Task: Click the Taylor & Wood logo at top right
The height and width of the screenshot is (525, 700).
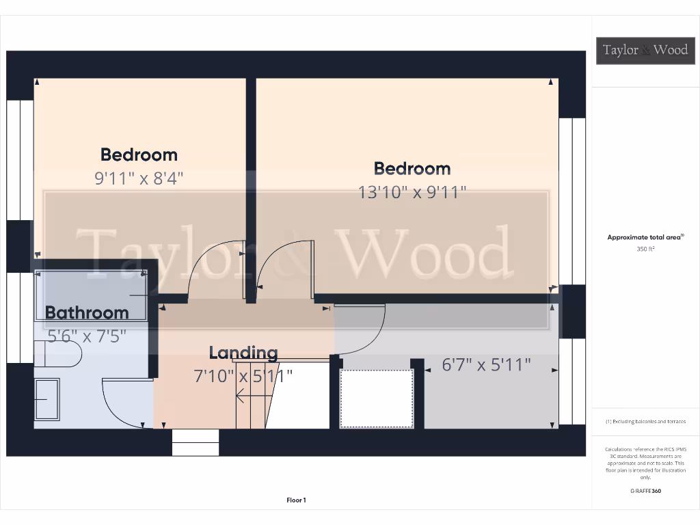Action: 645,50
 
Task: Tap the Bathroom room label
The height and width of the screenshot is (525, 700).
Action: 87,312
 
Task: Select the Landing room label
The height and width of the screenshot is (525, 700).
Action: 243,353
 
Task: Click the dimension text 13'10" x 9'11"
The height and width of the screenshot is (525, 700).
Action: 412,192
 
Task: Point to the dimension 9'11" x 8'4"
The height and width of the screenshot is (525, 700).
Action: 139,178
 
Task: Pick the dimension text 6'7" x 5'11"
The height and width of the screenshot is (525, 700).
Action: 486,365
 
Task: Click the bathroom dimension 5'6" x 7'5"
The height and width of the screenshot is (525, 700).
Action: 86,336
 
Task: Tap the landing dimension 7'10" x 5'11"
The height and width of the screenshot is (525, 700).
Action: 244,375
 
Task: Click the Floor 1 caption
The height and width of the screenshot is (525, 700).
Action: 296,500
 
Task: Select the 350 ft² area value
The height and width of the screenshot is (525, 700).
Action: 646,250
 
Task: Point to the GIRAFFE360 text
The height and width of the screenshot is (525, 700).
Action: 646,491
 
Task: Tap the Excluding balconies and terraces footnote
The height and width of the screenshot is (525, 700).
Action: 646,422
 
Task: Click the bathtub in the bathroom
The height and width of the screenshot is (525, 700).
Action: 91,295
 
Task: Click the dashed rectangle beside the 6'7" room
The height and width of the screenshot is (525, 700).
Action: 377,398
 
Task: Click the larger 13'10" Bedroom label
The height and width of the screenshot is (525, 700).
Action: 412,168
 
